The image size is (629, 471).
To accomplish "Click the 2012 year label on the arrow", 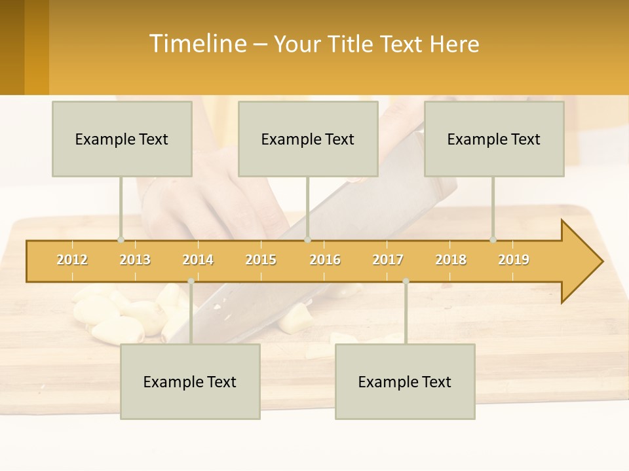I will [72, 260].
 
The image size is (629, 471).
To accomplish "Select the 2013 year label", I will [135, 260].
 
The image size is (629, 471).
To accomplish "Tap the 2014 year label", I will [198, 260].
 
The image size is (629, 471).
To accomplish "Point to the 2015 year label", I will [261, 260].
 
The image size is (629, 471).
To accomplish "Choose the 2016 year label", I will [325, 260].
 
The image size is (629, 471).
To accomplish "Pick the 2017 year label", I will [388, 260].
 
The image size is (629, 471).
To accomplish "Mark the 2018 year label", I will [451, 260].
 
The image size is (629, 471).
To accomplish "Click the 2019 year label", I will [514, 260].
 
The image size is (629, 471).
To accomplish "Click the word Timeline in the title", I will [197, 44].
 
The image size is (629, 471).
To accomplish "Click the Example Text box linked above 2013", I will [122, 139].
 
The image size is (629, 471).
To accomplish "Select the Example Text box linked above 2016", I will [308, 139].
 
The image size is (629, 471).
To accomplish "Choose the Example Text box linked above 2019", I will [494, 139].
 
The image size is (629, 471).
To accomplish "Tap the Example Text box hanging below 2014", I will [190, 381].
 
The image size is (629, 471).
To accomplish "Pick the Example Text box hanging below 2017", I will [405, 381].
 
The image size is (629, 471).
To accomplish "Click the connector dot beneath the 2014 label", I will [191, 281].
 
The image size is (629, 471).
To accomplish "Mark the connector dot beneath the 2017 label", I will [406, 281].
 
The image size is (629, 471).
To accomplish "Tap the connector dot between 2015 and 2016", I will [308, 240].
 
